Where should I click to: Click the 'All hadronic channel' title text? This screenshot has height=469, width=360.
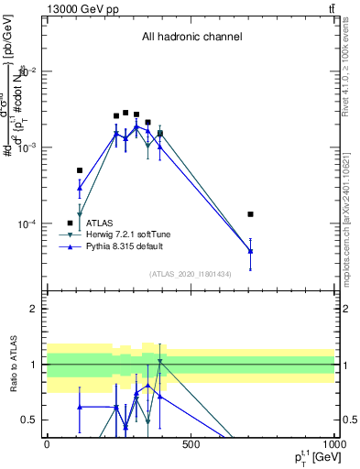191,38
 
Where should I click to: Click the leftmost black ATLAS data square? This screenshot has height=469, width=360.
80,170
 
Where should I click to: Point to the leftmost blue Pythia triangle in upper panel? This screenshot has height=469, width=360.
80,188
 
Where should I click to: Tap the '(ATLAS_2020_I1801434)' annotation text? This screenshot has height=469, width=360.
191,274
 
